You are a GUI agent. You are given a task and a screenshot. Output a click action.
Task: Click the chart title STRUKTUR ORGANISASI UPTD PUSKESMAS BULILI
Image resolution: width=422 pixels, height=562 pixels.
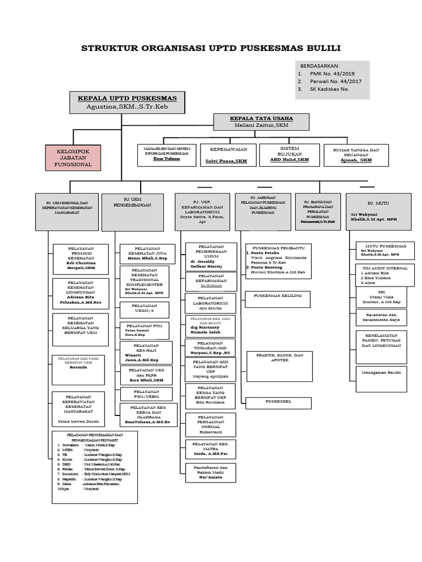[211, 48]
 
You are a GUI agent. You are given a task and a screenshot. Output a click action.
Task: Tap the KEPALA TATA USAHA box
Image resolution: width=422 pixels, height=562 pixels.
[261, 121]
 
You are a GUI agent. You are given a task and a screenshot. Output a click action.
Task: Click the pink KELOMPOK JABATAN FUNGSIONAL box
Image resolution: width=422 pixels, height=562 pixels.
[73, 157]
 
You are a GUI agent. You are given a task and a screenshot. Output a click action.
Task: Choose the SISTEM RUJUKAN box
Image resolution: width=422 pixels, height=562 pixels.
[289, 155]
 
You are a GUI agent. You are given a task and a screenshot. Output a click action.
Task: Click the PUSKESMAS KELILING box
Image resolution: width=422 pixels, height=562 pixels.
[278, 300]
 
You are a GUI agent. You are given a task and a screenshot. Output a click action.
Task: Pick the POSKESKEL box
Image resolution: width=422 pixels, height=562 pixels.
[278, 402]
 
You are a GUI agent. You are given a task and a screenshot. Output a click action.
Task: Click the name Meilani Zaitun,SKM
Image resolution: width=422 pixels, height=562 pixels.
[261, 125]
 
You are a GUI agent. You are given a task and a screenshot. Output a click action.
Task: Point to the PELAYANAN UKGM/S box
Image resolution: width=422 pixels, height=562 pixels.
[145, 309]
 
